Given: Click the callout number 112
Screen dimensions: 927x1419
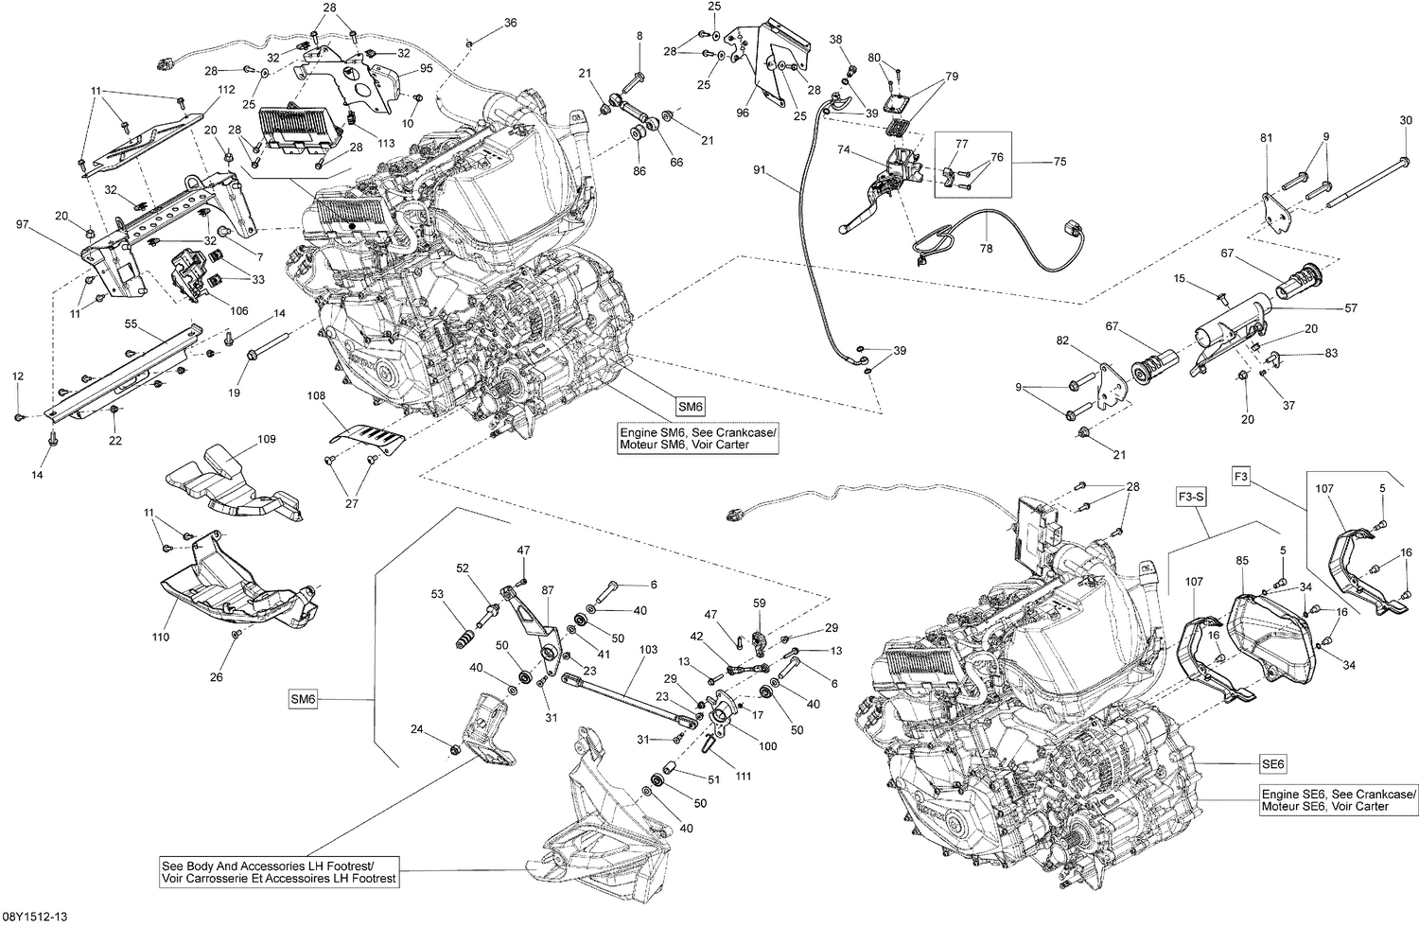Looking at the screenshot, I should click(225, 90).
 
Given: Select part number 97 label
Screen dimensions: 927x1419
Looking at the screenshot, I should click(24, 224).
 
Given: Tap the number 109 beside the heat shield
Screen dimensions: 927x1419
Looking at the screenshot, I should click(267, 440).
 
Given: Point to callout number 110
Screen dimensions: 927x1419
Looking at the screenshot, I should click(161, 637).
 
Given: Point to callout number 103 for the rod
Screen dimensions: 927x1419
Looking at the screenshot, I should click(648, 651).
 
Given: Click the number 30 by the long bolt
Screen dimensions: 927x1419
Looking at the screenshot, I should click(1406, 120).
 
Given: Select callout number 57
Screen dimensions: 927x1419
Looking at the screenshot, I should click(1351, 308).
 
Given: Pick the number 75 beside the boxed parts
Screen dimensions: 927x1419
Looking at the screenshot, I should click(1060, 162).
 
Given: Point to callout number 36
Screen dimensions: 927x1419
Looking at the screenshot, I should click(510, 23).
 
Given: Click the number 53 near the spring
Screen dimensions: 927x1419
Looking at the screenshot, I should click(437, 594).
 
